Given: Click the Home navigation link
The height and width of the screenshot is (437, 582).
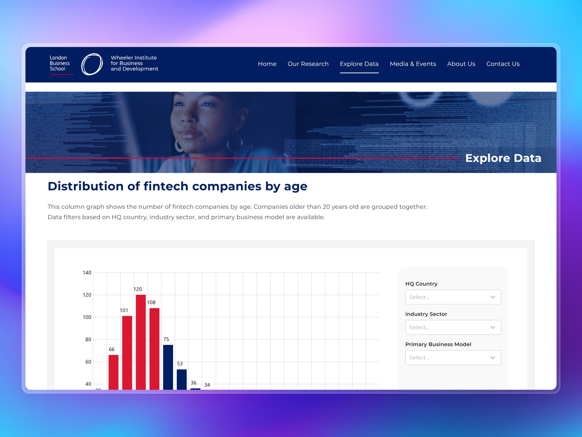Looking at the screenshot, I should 267,64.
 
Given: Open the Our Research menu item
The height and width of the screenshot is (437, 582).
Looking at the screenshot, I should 308,64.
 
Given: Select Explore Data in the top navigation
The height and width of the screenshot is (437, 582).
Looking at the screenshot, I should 359,64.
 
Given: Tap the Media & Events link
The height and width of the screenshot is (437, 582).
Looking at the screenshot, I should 412,64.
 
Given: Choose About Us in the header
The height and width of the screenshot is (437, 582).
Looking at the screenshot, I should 461,64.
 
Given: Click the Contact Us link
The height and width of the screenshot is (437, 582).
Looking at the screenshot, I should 502,64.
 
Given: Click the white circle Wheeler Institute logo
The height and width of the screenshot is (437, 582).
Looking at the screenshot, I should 92,64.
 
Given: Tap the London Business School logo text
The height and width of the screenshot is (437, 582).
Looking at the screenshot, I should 60,63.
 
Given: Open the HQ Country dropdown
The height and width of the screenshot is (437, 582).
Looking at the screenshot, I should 453,297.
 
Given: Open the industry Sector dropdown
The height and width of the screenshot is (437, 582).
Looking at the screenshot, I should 453,327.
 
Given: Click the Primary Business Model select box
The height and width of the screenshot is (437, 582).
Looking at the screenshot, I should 453,357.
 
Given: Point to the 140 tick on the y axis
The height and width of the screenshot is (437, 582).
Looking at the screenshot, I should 87,273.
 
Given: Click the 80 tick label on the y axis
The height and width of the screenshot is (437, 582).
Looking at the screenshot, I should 88,340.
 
